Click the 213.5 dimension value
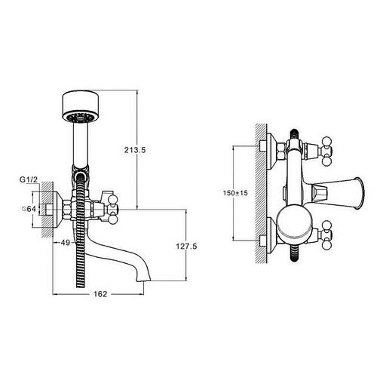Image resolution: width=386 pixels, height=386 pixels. coord(135,150)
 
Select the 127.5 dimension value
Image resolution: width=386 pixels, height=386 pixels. coord(186,247)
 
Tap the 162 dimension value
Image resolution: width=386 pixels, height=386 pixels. coord(100,294)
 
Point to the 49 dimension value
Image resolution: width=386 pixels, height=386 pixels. coord(66,243)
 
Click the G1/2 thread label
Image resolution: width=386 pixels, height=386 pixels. coord(29,179)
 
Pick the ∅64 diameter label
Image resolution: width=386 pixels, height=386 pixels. coord(29,209)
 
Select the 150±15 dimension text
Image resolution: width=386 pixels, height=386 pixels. coord(235,193)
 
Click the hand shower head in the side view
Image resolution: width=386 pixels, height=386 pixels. coord(81,107)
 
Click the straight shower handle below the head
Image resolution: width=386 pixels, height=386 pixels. coord(81,145)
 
